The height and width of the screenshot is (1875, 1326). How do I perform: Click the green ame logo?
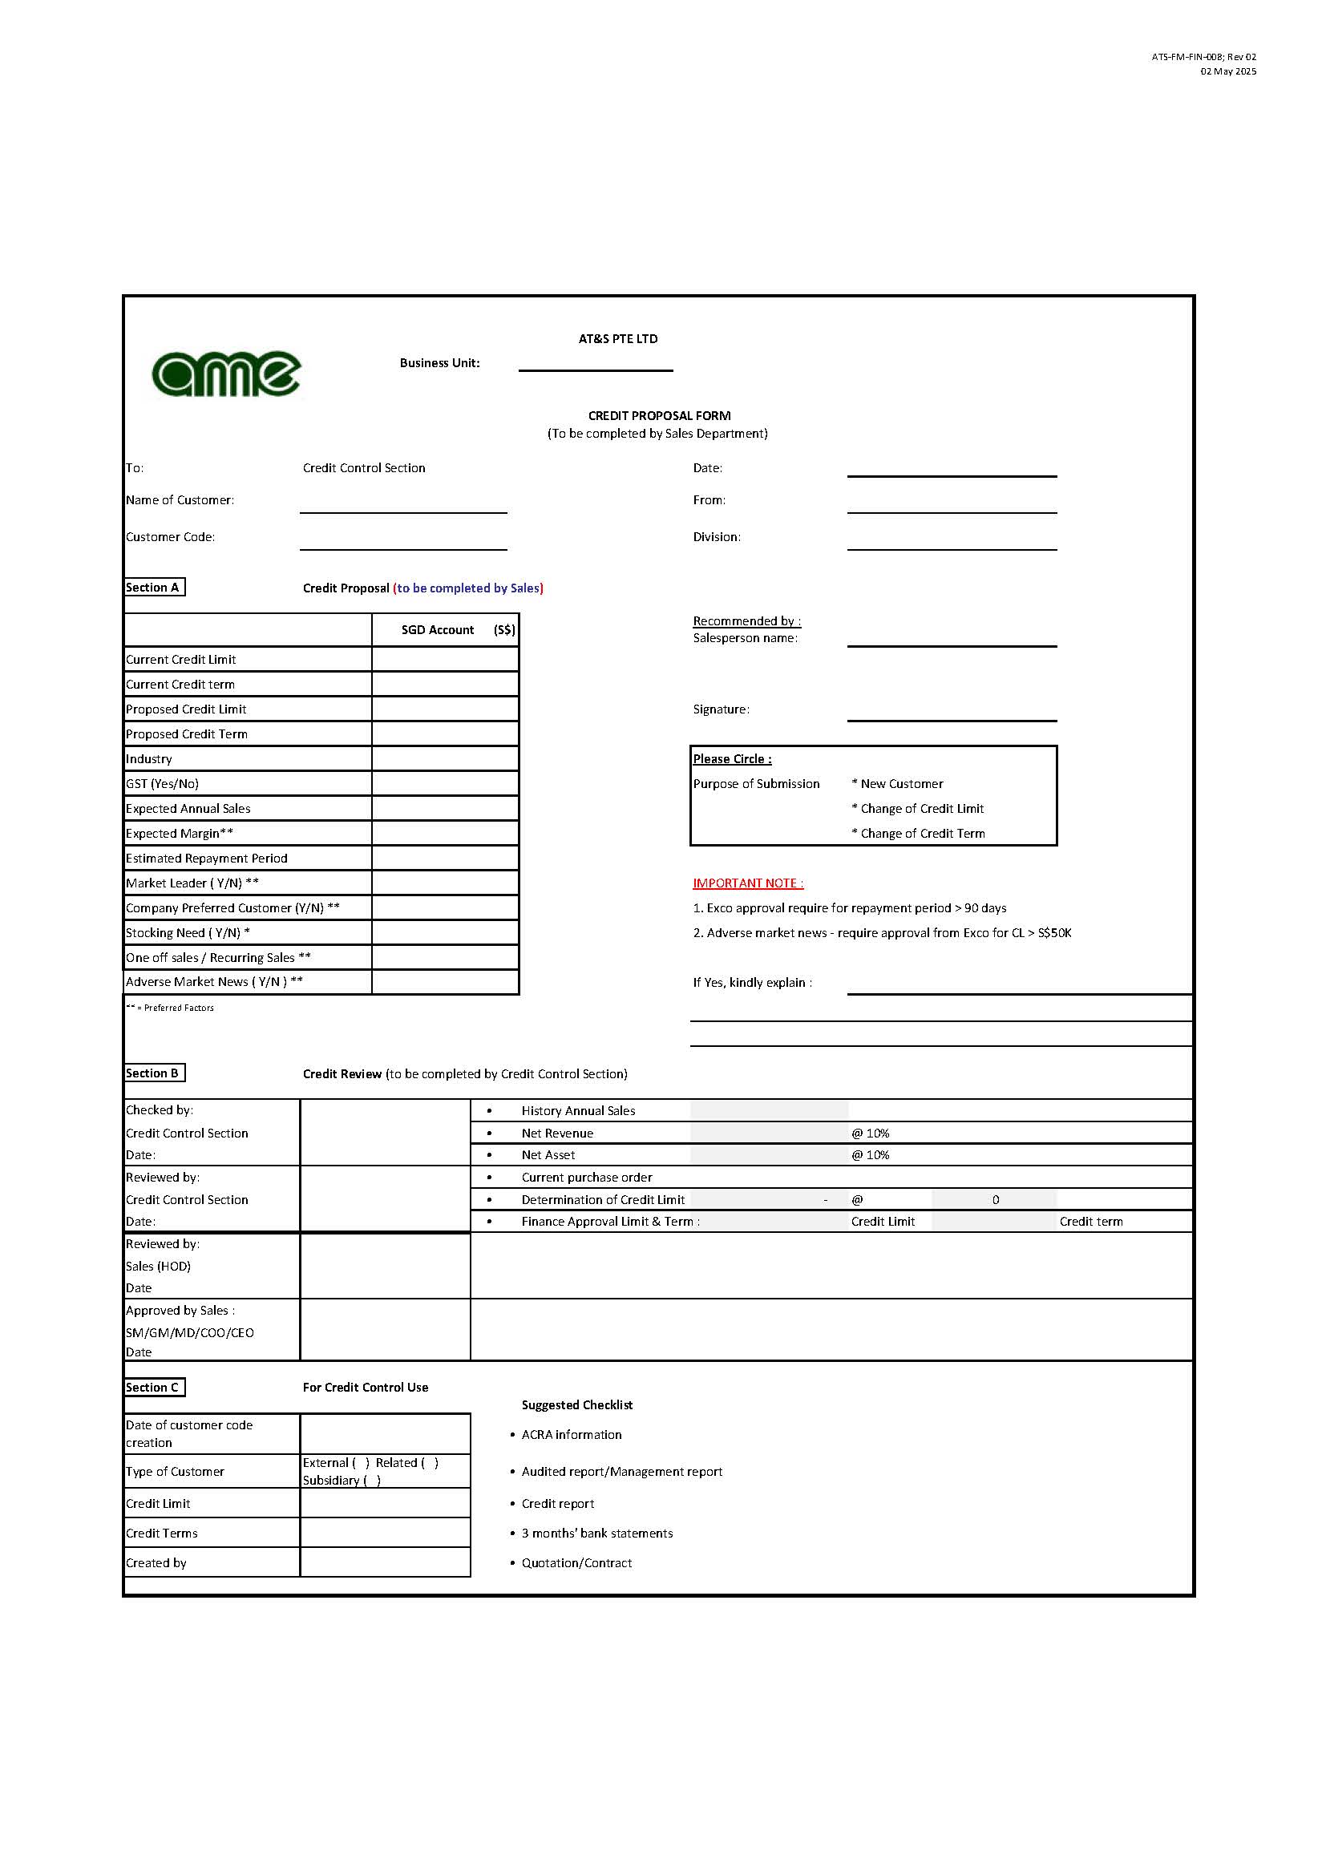(226, 374)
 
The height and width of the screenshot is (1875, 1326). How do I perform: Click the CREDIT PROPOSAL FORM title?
(659, 416)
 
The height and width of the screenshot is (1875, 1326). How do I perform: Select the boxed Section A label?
(153, 587)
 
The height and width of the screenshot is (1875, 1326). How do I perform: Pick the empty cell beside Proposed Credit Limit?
(445, 709)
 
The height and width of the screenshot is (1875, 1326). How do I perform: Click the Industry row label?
(148, 758)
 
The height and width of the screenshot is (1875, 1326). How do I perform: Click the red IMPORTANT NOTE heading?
(747, 883)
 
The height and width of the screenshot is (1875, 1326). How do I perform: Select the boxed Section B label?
(153, 1073)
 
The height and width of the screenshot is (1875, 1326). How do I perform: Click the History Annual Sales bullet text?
(578, 1110)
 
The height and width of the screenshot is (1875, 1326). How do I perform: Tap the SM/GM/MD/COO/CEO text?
(189, 1332)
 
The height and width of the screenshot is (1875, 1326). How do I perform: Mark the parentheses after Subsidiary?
(372, 1480)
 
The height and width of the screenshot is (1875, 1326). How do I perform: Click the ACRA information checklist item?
(572, 1434)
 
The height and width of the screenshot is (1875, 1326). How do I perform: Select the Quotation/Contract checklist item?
(576, 1562)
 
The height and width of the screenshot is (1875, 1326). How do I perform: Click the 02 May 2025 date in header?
(1227, 72)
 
